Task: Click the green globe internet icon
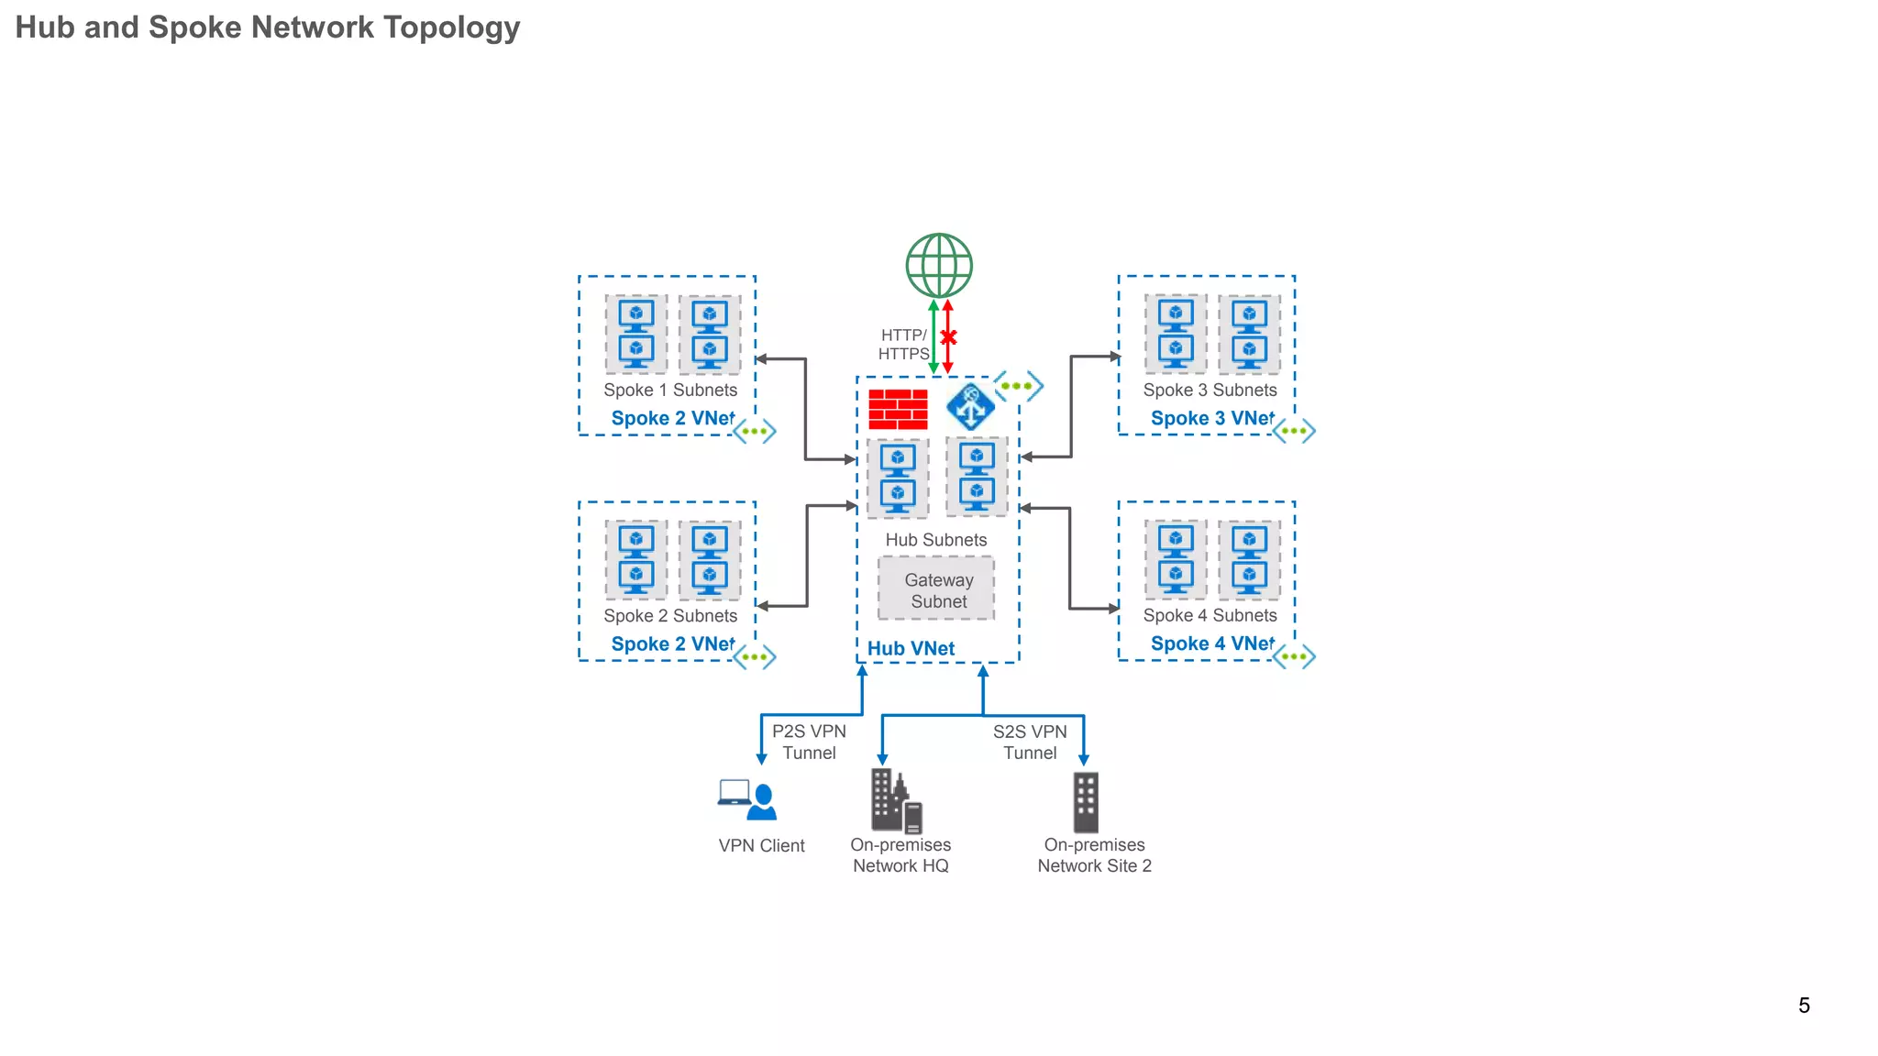tap(939, 266)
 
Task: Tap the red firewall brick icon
tap(898, 409)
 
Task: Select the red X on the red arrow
tap(948, 337)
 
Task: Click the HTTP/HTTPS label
tap(903, 345)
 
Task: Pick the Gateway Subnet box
tap(936, 589)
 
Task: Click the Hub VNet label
tap(911, 648)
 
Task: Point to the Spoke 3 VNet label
tap(1211, 418)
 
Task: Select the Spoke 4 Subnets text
tap(1210, 615)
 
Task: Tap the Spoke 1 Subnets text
tap(670, 390)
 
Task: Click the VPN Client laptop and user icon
tap(748, 800)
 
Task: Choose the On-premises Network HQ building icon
tap(896, 800)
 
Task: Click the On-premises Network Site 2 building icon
tap(1086, 802)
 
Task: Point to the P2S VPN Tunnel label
tap(809, 742)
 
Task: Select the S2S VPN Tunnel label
tap(1030, 742)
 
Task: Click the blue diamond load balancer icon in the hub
tap(970, 407)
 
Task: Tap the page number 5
tap(1804, 1006)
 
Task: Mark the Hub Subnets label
tap(936, 540)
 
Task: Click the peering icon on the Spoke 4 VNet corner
tap(1294, 656)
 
